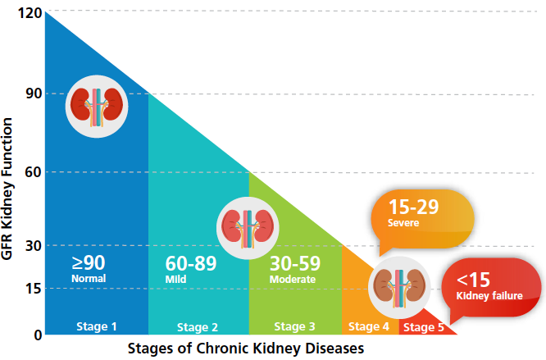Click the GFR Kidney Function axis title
(x=10, y=189)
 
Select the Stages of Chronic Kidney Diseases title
(x=245, y=349)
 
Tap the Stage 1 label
(x=96, y=326)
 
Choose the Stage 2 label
(x=198, y=327)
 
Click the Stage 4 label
(x=369, y=326)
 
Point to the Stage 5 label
(x=425, y=327)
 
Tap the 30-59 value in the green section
(x=294, y=263)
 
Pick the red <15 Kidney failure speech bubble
(x=490, y=285)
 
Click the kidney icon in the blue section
(x=98, y=106)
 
